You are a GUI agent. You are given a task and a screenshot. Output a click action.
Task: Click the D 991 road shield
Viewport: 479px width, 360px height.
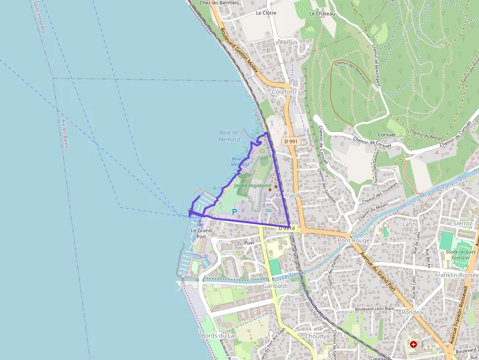coord(290,141)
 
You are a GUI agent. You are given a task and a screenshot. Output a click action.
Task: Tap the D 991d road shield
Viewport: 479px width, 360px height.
coord(286,228)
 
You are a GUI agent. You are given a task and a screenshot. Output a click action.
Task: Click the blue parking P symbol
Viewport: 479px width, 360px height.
coord(234,212)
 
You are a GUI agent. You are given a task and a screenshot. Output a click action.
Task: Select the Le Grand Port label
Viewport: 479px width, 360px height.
coord(201,233)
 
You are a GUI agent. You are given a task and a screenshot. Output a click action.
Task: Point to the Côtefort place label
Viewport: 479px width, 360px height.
coord(283,92)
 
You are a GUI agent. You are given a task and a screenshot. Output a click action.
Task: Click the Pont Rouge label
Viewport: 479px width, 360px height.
coord(354,240)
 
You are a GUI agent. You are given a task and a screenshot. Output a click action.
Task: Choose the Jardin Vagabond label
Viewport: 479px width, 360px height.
coord(252,186)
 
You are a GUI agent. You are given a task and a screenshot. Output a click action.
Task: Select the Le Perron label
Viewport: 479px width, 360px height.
coord(285,42)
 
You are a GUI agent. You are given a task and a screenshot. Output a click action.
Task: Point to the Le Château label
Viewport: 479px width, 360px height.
coord(322,14)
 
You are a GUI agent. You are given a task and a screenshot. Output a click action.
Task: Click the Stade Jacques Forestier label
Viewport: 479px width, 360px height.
coord(460,255)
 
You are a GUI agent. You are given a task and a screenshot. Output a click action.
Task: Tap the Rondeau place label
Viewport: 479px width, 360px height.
coord(414,312)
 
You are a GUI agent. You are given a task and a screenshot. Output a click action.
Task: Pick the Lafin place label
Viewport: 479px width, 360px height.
coord(409,224)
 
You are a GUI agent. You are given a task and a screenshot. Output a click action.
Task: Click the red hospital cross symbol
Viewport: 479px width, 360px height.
coord(414,344)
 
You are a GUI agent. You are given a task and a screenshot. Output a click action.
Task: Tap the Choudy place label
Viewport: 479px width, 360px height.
coord(315,336)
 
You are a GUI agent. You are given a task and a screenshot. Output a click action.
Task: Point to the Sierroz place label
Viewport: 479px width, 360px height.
coord(463,223)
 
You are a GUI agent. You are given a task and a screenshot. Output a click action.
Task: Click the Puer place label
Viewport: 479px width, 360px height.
coord(249,242)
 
